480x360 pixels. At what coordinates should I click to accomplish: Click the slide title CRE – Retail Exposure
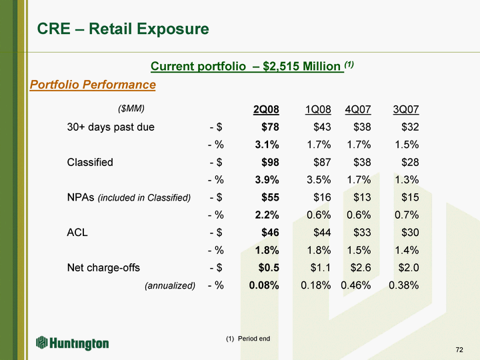pos(123,29)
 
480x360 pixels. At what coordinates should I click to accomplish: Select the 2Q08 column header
pos(266,109)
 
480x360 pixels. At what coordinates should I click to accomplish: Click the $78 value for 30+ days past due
pos(268,127)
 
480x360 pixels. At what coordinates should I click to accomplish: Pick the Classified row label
pos(90,162)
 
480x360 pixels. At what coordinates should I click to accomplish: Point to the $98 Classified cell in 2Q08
pos(268,162)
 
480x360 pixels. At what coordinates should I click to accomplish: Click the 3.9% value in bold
pos(264,180)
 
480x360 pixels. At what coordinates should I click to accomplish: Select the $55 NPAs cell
pos(268,197)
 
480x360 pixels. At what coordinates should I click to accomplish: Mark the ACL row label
pos(77,233)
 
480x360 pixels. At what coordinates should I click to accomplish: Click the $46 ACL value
pos(268,233)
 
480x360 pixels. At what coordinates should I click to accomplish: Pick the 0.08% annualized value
pos(263,286)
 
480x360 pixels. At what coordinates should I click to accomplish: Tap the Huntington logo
pos(73,343)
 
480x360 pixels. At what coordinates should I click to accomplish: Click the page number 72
pos(459,350)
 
